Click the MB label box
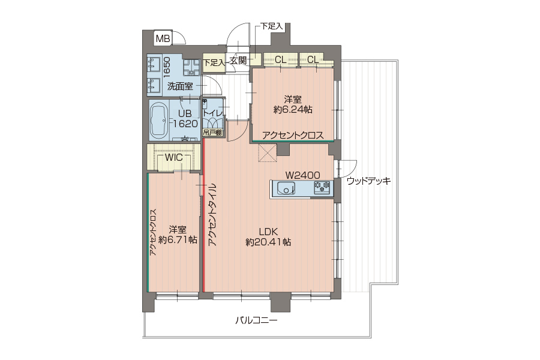(x=163, y=38)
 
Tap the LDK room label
(x=269, y=232)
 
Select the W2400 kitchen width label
(x=303, y=175)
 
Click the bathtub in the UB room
(x=159, y=121)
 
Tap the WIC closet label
(x=173, y=157)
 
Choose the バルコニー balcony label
(x=256, y=320)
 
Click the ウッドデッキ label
(x=368, y=181)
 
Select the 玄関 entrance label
(x=238, y=61)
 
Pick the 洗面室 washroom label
(x=180, y=86)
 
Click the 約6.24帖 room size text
(x=293, y=110)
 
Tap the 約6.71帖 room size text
(x=178, y=239)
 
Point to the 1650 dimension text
(x=166, y=67)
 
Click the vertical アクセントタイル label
(x=212, y=214)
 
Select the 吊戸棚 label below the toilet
(x=212, y=133)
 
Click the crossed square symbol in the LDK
(x=268, y=152)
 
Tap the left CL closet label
(x=280, y=60)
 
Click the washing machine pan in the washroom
(x=191, y=68)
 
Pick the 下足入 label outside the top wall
(x=271, y=26)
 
